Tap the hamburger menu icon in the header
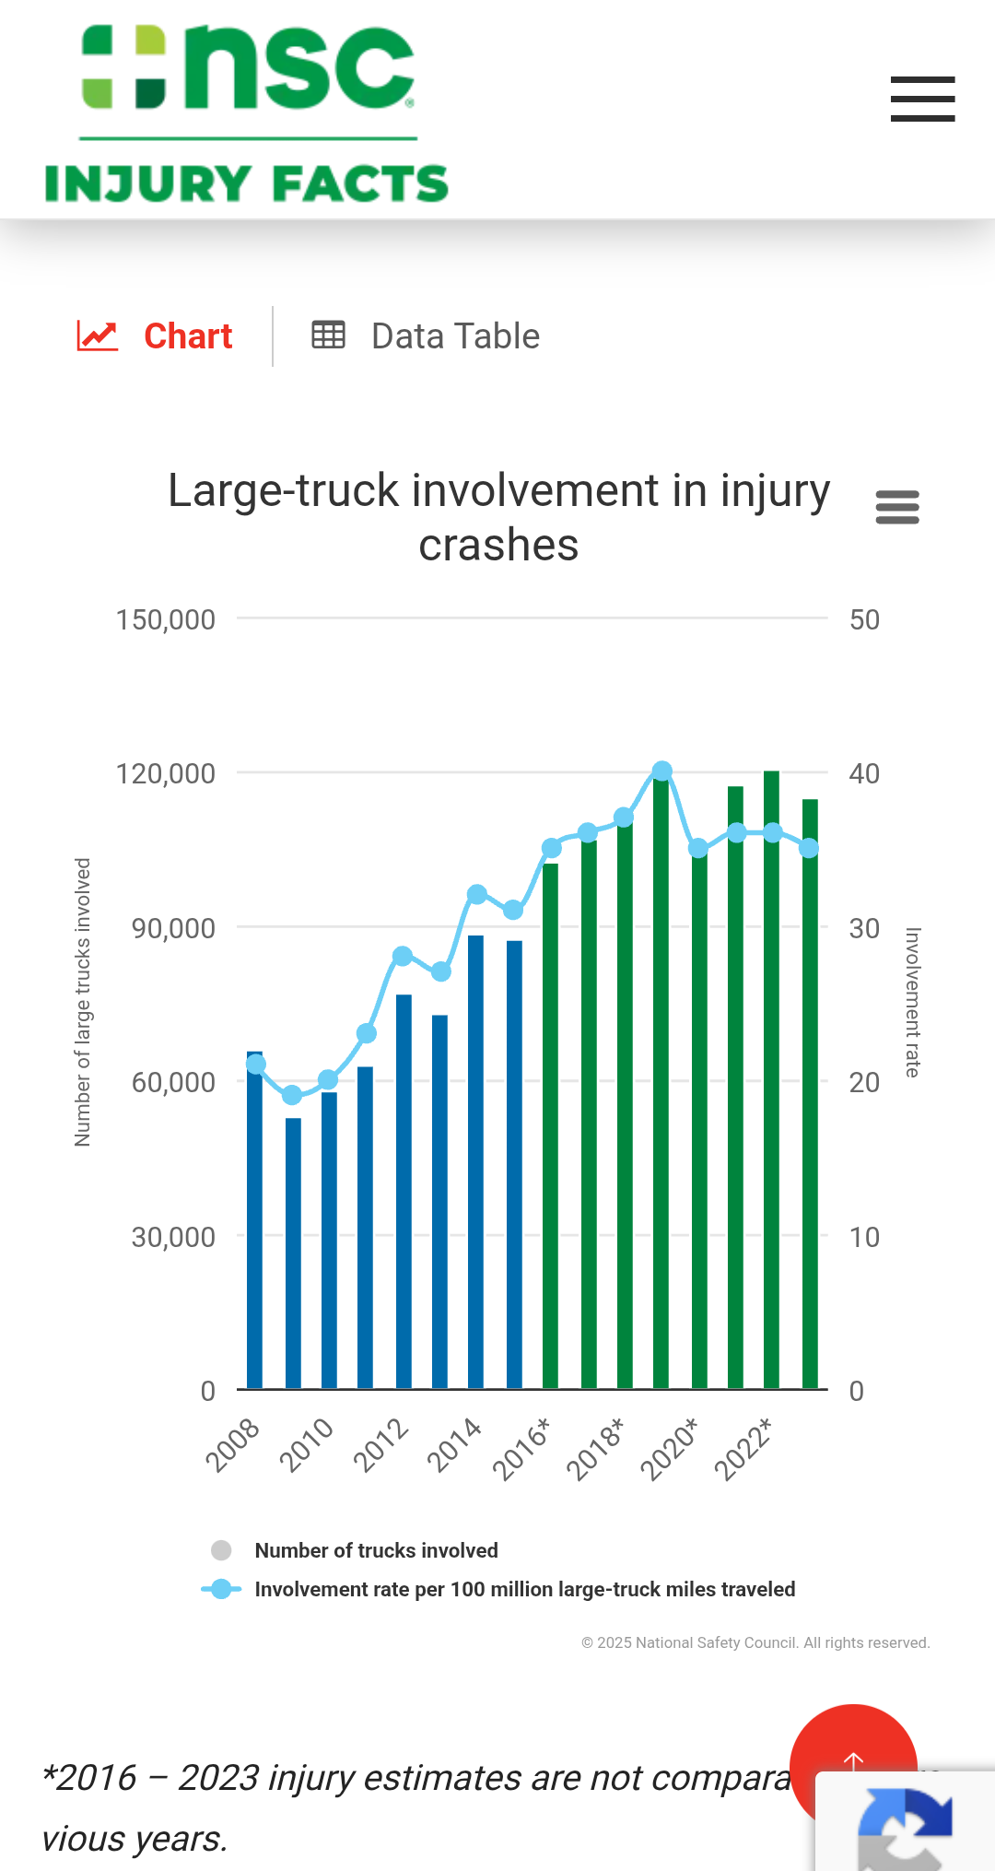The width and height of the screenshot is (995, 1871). click(922, 99)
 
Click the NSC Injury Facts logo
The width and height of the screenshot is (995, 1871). click(247, 114)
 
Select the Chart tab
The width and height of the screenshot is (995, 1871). click(156, 336)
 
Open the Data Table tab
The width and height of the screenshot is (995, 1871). click(426, 336)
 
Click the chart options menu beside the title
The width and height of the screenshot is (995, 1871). click(897, 507)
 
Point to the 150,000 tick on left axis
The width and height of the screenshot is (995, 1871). click(166, 619)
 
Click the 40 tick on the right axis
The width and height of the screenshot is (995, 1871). click(864, 773)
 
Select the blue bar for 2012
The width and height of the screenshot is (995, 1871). click(404, 1198)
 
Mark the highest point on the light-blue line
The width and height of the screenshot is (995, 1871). click(662, 771)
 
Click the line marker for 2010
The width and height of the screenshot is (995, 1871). click(328, 1079)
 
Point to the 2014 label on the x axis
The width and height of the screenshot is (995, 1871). click(454, 1444)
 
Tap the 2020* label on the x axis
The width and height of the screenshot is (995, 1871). click(670, 1449)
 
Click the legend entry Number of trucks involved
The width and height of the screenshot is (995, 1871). click(376, 1550)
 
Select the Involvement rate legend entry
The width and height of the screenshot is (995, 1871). click(524, 1589)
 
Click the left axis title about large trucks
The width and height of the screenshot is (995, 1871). click(83, 1002)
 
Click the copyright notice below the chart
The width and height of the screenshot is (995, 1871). click(755, 1642)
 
